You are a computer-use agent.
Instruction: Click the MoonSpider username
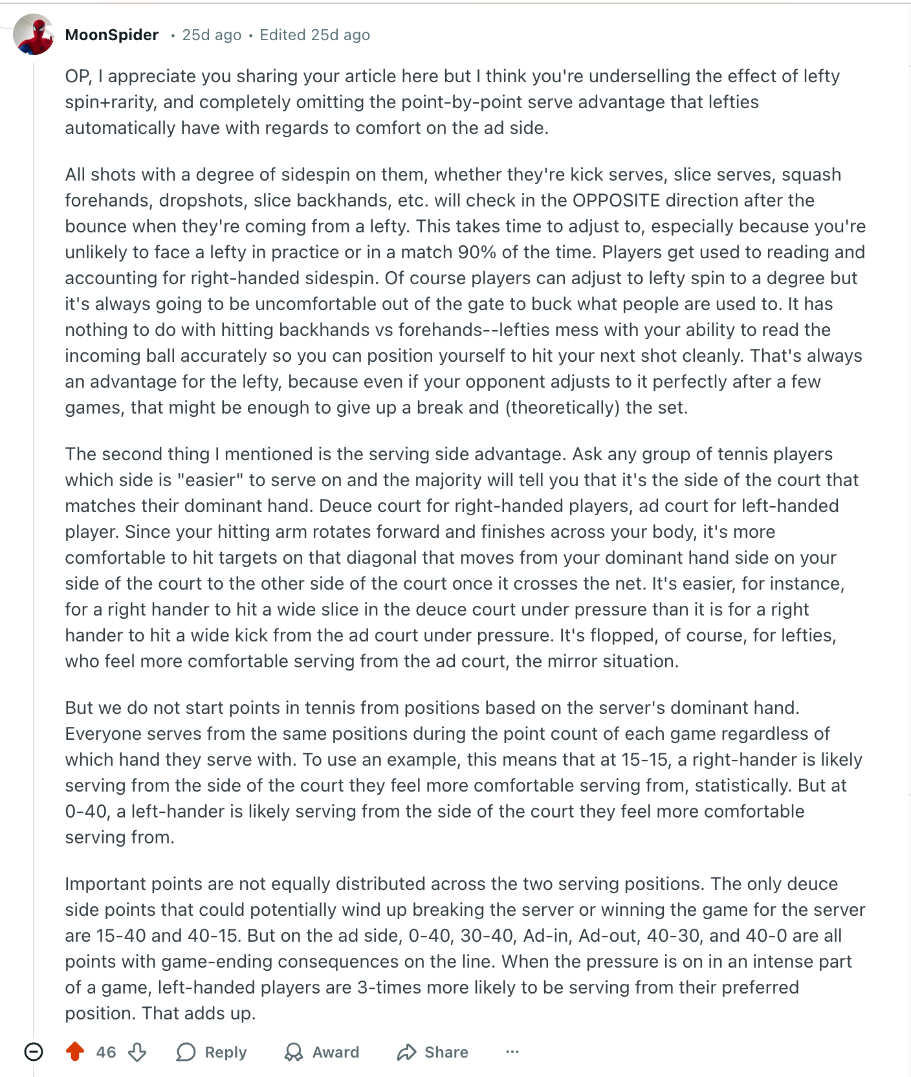(x=112, y=35)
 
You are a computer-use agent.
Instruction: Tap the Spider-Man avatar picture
(x=34, y=34)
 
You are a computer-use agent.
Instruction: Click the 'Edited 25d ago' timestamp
(x=314, y=35)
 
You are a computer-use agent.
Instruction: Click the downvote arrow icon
(x=137, y=1052)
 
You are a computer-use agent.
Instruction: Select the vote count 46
(x=106, y=1052)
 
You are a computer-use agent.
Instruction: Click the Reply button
(x=212, y=1052)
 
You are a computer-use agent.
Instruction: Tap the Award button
(x=322, y=1052)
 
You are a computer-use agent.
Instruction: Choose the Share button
(x=433, y=1052)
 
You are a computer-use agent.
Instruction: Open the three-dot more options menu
(x=512, y=1052)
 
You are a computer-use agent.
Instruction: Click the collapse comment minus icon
(x=34, y=1052)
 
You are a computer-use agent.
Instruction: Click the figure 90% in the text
(x=476, y=252)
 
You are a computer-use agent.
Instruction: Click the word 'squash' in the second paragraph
(x=811, y=175)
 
